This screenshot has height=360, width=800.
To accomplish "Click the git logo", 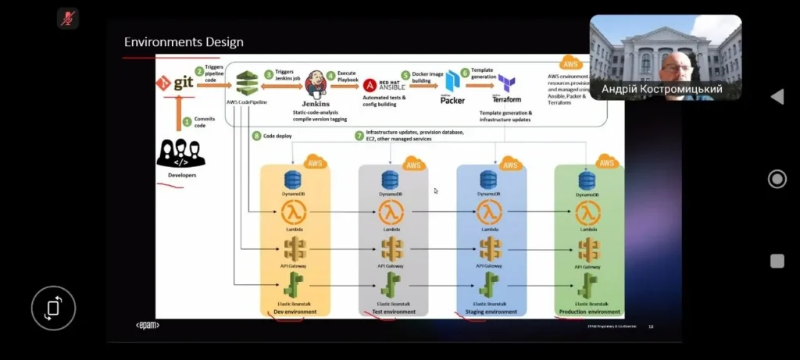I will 174,82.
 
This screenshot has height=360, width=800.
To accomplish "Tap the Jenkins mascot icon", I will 315,84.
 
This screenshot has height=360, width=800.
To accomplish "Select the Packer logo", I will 453,84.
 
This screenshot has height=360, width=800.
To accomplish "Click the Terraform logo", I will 506,84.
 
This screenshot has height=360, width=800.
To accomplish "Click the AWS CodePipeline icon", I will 248,81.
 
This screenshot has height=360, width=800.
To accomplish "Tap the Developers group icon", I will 181,153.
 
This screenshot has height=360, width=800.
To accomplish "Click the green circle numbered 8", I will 256,136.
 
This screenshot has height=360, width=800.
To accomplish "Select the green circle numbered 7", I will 359,135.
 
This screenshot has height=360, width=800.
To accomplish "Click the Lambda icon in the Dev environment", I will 294,212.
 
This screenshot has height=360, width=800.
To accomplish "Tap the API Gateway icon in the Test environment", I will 392,249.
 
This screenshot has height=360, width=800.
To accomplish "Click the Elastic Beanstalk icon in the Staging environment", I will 489,284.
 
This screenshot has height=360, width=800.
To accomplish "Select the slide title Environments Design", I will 184,42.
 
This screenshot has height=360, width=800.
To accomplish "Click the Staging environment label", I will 491,312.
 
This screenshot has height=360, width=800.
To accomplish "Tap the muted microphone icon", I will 68,17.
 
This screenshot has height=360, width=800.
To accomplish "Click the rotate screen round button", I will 53,308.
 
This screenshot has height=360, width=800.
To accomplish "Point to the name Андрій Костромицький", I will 662,90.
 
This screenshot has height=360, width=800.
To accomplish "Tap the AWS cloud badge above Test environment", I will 412,164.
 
